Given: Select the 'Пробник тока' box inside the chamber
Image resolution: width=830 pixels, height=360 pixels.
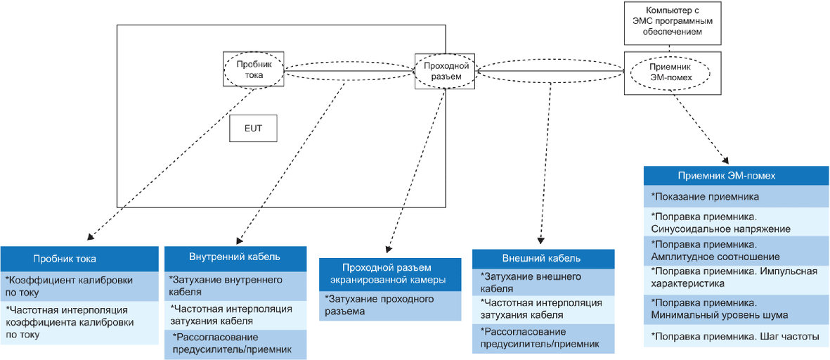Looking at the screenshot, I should tap(254, 68).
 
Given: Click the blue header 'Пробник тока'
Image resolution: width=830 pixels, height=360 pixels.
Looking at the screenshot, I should tap(79, 258).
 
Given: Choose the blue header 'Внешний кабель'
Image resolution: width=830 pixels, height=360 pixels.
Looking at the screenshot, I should tap(542, 257).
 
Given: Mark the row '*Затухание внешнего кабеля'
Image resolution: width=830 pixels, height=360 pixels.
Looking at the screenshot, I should tap(542, 282).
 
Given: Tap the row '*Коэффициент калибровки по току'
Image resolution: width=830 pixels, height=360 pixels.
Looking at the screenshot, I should tap(79, 285).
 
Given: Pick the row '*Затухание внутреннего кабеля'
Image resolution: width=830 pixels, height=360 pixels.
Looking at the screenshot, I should tap(235, 285).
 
